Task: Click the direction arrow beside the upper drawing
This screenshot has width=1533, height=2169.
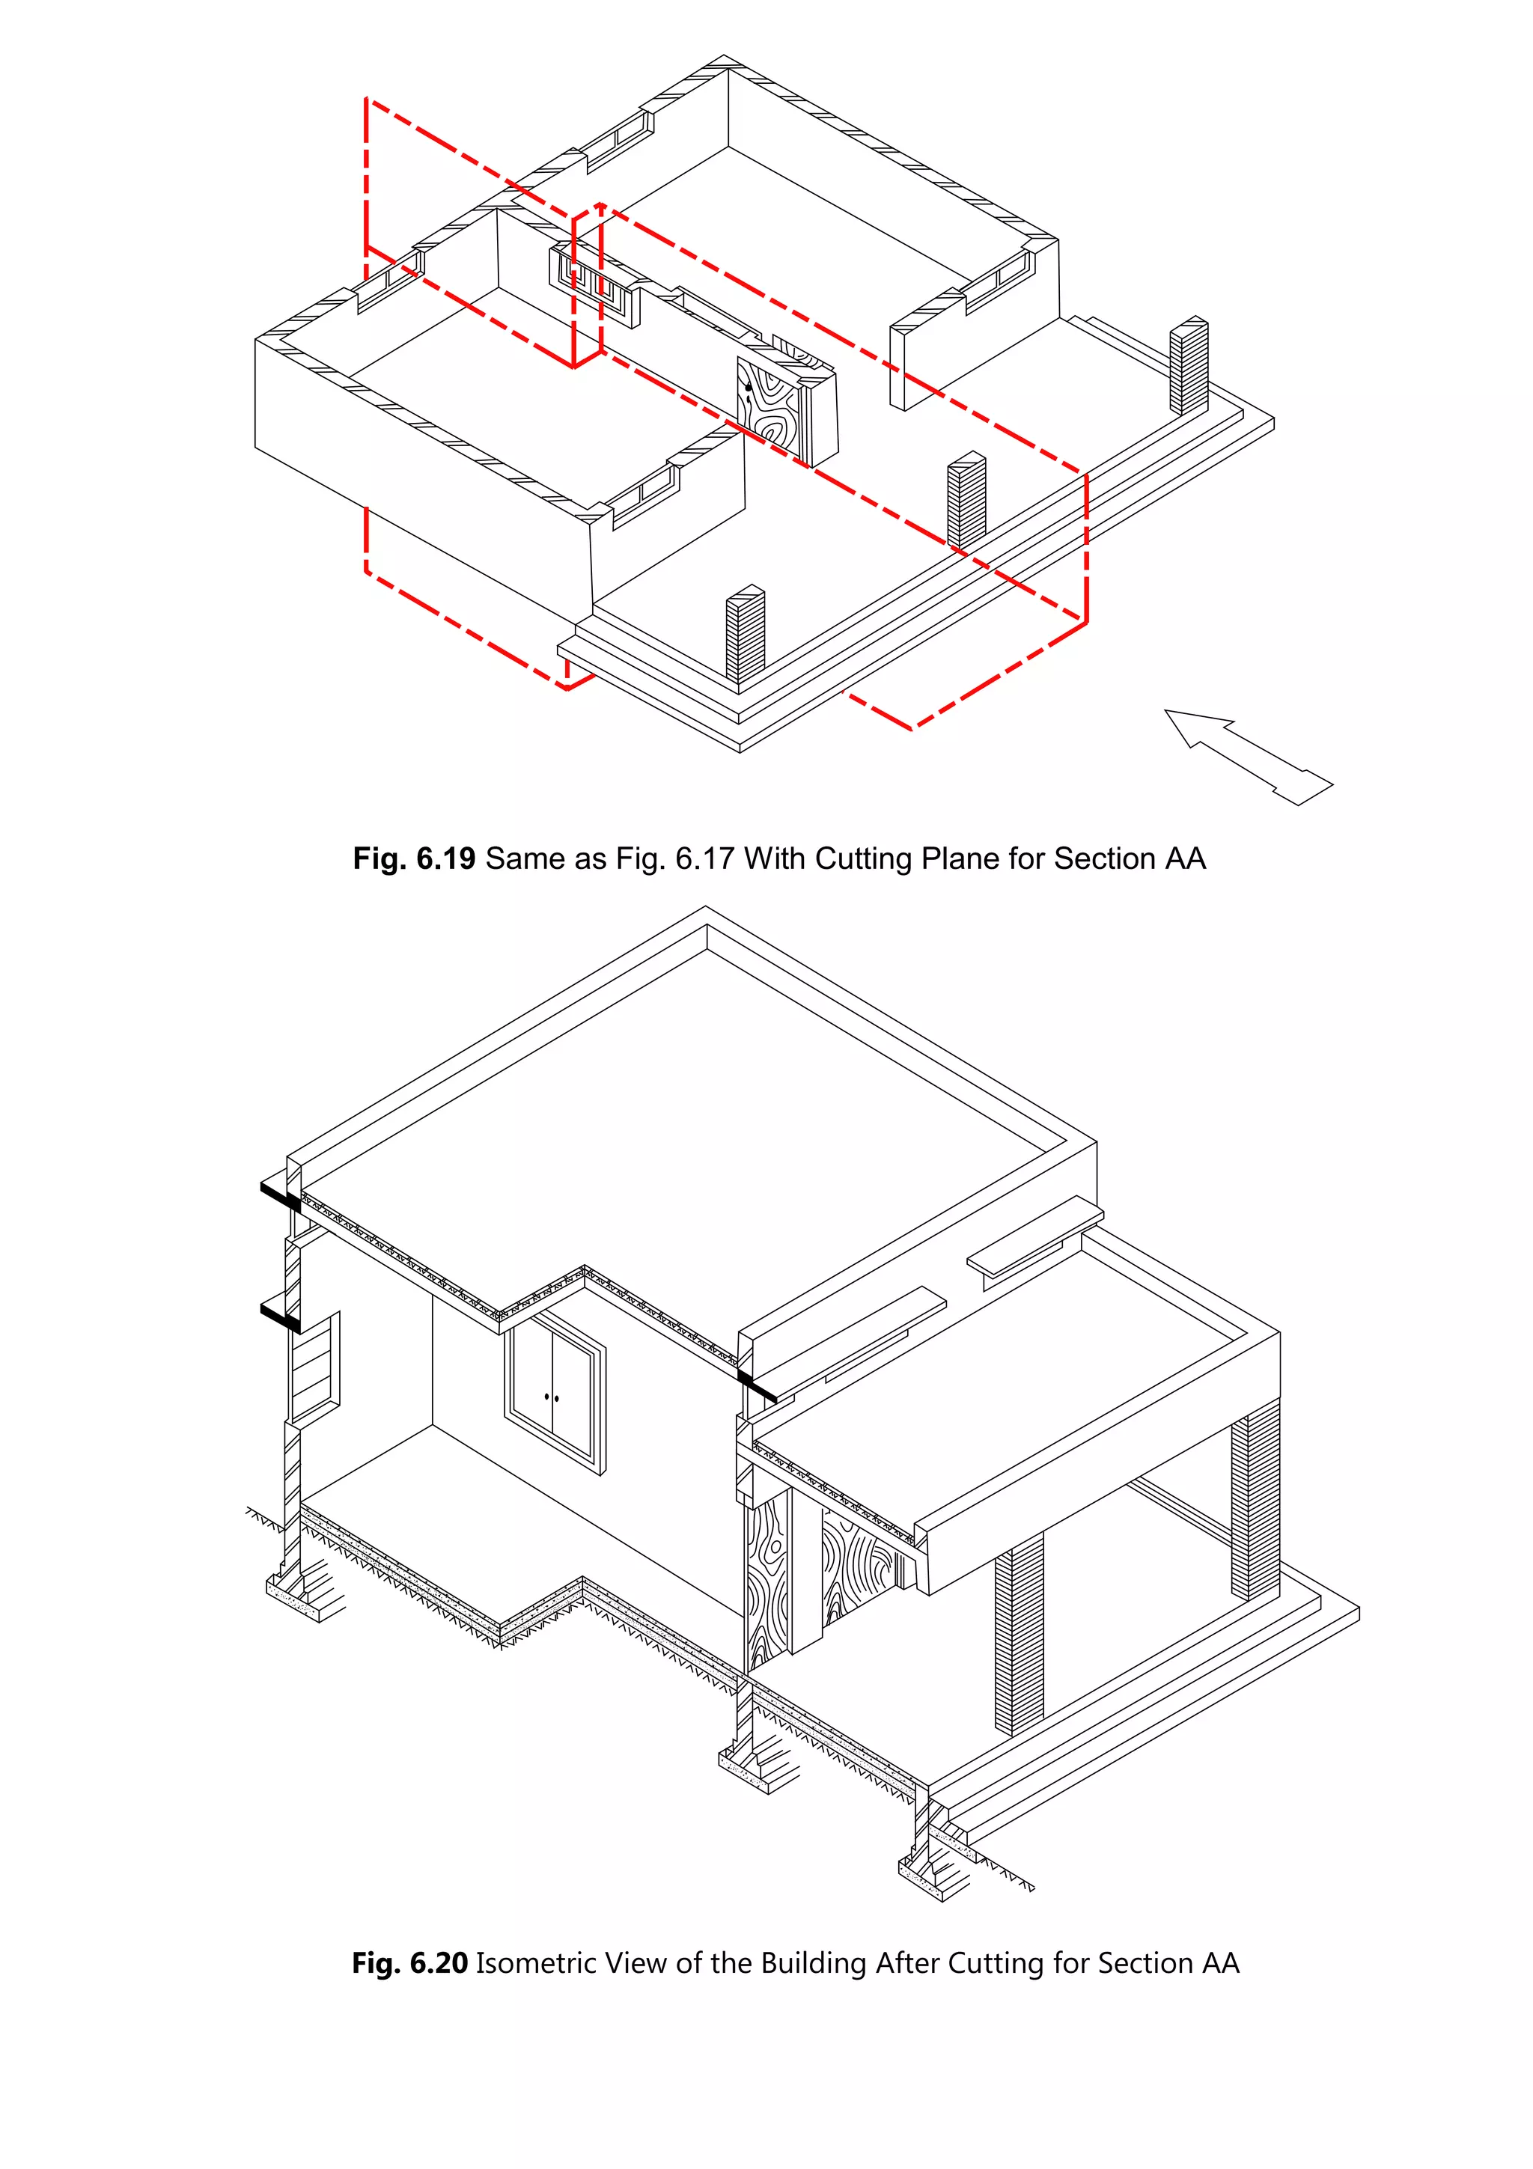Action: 1247,756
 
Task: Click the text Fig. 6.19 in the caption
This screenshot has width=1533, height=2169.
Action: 414,858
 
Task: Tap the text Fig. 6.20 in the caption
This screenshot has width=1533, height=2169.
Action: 410,1963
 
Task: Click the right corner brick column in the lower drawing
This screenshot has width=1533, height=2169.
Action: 1255,1502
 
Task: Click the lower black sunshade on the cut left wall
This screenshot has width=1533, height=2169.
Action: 280,1316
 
